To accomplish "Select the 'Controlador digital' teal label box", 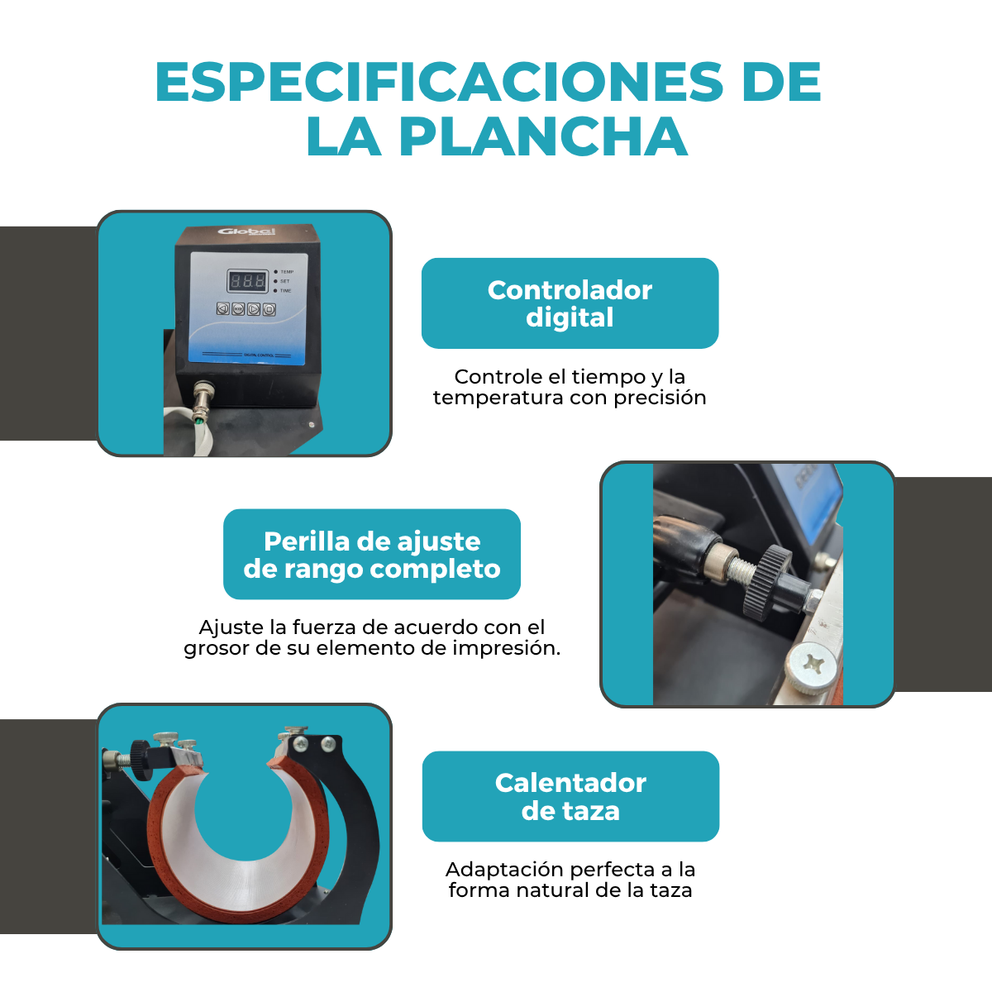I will tap(570, 303).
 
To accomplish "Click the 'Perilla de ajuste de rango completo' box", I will tap(372, 555).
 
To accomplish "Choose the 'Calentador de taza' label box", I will tap(570, 797).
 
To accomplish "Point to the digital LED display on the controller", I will tap(247, 281).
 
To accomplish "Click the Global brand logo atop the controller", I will tap(246, 231).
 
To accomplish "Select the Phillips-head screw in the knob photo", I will tap(809, 662).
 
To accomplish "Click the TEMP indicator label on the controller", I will tap(287, 272).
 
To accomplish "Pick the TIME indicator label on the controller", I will tap(285, 291).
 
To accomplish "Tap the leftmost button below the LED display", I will tap(222, 309).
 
